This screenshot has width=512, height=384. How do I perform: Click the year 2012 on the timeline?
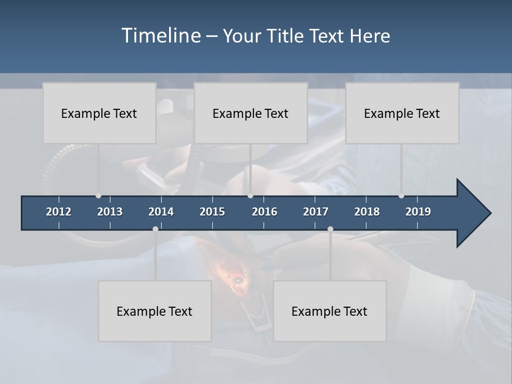click(59, 212)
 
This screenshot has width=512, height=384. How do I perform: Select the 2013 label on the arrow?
click(110, 212)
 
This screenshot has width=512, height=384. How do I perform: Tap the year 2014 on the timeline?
click(161, 212)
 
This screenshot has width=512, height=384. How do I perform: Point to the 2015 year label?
click(212, 212)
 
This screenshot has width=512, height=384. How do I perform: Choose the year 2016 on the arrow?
click(265, 212)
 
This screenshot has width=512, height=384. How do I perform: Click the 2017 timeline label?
click(316, 212)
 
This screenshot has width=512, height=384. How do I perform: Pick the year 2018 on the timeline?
click(367, 212)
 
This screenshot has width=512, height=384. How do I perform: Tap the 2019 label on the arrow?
click(418, 212)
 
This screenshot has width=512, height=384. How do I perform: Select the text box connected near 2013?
click(99, 113)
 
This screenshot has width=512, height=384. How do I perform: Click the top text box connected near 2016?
click(251, 113)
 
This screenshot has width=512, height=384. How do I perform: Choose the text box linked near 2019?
click(402, 113)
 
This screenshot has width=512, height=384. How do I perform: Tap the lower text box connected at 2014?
click(155, 311)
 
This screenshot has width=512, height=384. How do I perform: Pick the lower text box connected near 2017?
click(330, 311)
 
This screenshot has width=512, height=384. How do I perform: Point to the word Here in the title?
click(370, 36)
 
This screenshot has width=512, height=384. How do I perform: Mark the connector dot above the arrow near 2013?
click(98, 196)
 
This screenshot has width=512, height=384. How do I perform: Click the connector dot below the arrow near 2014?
click(155, 229)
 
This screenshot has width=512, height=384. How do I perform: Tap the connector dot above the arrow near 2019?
click(401, 196)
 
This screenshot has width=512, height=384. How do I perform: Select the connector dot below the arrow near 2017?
click(330, 229)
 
